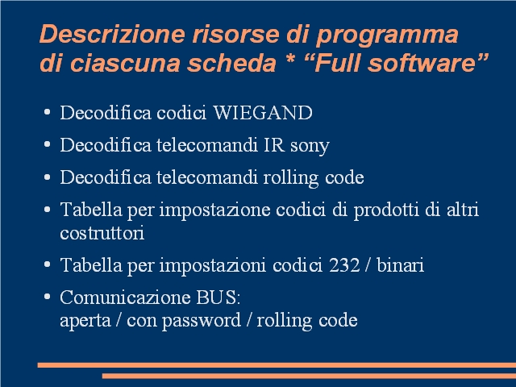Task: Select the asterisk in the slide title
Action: pyautogui.click(x=290, y=59)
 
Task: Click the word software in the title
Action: pyautogui.click(x=422, y=63)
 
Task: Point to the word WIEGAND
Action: pyautogui.click(x=263, y=113)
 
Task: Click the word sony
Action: pyautogui.click(x=310, y=146)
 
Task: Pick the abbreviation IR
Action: pyautogui.click(x=274, y=145)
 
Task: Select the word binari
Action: pyautogui.click(x=400, y=265)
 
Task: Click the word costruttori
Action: pyautogui.click(x=102, y=233)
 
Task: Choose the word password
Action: pyautogui.click(x=202, y=321)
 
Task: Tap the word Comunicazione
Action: pyautogui.click(x=126, y=298)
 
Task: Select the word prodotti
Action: pyautogui.click(x=386, y=210)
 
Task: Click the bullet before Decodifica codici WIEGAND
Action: pyautogui.click(x=47, y=112)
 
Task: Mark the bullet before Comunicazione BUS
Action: pyautogui.click(x=47, y=297)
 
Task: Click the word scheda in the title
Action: pyautogui.click(x=231, y=63)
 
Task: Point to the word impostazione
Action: pyautogui.click(x=215, y=210)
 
